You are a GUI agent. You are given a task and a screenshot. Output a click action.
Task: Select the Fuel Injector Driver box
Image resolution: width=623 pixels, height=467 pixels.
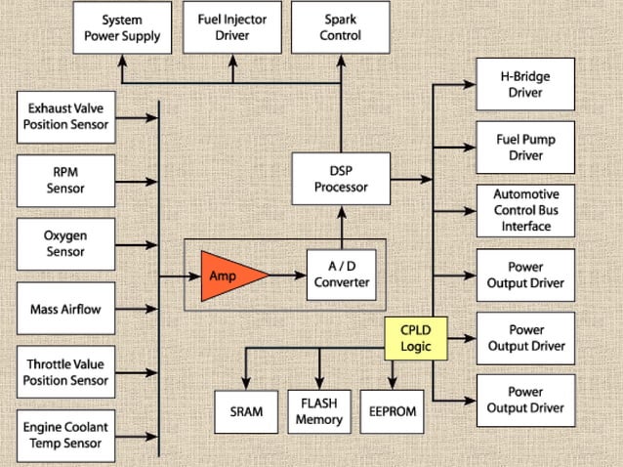(x=231, y=27)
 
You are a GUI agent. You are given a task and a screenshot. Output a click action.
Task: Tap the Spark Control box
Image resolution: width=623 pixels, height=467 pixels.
(x=341, y=27)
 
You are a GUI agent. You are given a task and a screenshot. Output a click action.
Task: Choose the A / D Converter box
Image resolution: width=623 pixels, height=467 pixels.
(x=341, y=276)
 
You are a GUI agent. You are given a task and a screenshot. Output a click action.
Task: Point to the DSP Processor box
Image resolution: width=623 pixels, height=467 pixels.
(x=341, y=180)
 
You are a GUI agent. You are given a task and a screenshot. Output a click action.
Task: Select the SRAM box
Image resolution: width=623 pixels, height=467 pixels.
(x=246, y=411)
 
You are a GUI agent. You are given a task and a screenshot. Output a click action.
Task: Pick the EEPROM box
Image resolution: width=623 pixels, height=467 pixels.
(x=393, y=411)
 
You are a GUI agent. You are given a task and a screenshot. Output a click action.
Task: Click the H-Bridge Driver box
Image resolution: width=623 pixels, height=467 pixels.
(x=525, y=85)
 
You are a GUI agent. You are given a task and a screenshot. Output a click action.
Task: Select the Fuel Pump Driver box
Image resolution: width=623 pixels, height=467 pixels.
(x=525, y=147)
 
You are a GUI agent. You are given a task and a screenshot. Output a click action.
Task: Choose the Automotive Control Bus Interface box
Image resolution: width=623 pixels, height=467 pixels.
(x=525, y=210)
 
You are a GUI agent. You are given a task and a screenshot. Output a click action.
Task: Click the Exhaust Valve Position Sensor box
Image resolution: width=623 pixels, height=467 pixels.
(x=68, y=116)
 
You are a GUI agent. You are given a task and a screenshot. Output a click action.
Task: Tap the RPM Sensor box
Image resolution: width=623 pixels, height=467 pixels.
(x=65, y=179)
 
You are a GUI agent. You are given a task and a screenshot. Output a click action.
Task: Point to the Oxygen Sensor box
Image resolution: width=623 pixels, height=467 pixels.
(x=65, y=244)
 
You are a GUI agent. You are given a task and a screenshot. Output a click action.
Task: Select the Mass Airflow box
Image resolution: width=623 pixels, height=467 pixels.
(x=65, y=309)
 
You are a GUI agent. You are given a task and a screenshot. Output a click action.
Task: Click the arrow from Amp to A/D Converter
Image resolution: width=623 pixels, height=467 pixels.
(x=287, y=276)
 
